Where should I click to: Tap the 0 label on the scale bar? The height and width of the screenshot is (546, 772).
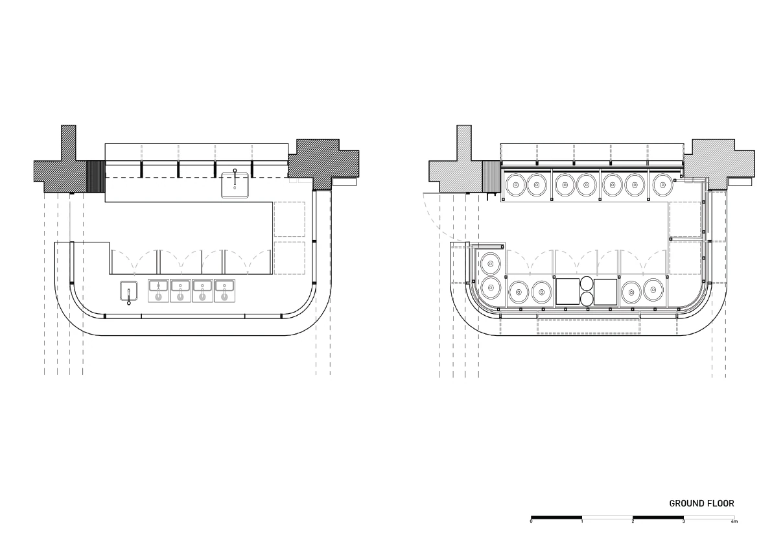click(x=532, y=521)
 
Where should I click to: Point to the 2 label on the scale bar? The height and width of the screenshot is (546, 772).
click(x=633, y=521)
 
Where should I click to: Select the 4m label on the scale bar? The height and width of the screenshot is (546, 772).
click(x=734, y=521)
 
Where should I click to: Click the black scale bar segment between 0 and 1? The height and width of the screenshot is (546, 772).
click(x=557, y=517)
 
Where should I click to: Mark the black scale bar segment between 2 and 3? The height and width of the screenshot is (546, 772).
click(x=659, y=517)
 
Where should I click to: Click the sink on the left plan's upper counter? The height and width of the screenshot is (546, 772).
click(x=235, y=185)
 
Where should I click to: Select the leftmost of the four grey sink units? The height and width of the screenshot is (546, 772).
click(x=159, y=291)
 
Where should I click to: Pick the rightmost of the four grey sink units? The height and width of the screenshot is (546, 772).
click(x=224, y=291)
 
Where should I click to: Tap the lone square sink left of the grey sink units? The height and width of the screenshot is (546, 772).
click(x=129, y=291)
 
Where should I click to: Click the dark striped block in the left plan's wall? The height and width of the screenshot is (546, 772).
click(x=95, y=177)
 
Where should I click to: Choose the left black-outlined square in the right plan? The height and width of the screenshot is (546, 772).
click(x=568, y=291)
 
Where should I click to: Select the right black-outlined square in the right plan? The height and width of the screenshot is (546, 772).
click(x=605, y=291)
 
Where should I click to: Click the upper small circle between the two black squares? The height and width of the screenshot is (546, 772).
click(x=587, y=283)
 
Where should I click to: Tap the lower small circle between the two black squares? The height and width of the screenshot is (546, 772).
click(x=587, y=299)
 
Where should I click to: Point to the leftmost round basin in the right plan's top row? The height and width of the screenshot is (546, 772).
click(x=516, y=185)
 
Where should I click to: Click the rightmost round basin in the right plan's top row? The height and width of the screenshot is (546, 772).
click(x=662, y=185)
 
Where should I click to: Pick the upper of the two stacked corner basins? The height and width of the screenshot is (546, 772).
click(x=491, y=263)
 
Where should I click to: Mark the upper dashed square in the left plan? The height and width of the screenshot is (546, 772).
click(x=290, y=219)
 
